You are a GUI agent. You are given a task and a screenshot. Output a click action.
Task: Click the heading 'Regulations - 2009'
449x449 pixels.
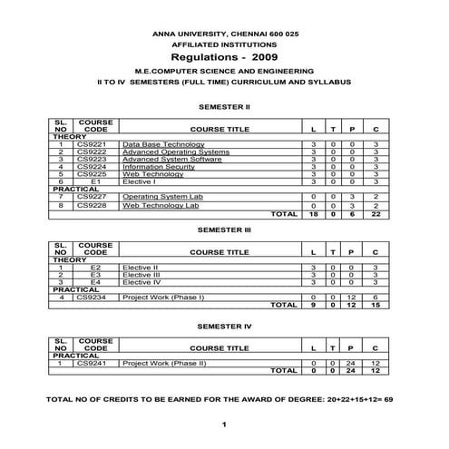[x=223, y=55]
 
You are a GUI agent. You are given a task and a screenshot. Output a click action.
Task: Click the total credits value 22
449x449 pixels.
[x=376, y=215]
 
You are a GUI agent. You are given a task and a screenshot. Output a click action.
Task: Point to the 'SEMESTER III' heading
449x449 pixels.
[x=223, y=230]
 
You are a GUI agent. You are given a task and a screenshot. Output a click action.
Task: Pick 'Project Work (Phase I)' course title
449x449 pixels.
[x=163, y=298]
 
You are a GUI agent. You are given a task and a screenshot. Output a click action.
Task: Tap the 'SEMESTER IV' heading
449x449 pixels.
[x=223, y=324]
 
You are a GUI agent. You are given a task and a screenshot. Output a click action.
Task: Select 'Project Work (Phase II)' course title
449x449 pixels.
[x=164, y=363]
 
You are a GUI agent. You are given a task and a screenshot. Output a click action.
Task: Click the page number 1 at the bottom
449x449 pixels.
[x=223, y=425]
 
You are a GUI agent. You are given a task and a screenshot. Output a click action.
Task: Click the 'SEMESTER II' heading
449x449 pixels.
[x=223, y=106]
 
